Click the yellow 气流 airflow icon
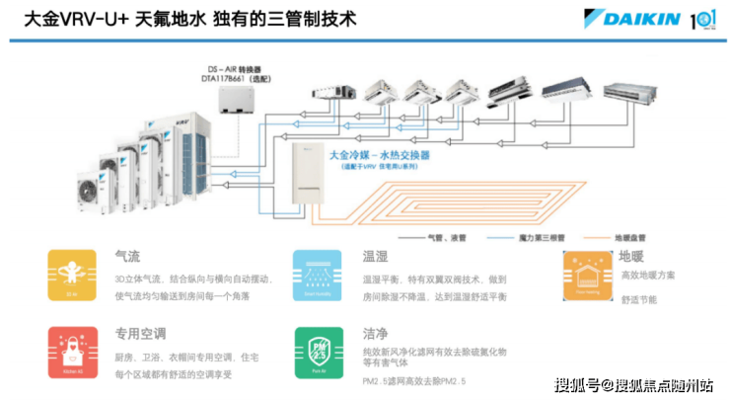(x=71, y=275)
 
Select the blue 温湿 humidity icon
(x=316, y=275)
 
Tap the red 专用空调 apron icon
(x=71, y=351)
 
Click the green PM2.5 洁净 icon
(x=316, y=351)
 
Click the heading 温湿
(x=374, y=256)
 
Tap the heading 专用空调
(x=139, y=333)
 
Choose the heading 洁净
(x=374, y=333)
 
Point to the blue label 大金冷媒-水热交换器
(x=386, y=156)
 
